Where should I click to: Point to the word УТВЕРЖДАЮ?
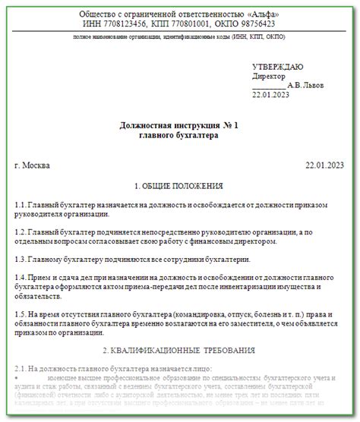coord(277,66)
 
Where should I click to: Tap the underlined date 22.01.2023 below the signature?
coord(271,94)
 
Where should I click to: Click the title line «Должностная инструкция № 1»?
coord(179,124)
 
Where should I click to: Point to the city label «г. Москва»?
coord(34,165)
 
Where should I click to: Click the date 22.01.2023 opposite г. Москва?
coord(324,165)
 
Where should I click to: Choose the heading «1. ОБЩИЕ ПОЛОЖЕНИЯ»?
coord(178,185)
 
